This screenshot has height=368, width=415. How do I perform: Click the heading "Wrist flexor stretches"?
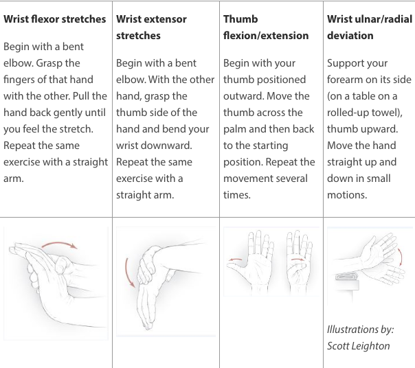pos(55,19)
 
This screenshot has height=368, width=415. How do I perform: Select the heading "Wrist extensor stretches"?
pos(151,27)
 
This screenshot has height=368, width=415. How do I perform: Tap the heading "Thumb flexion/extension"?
pos(266,27)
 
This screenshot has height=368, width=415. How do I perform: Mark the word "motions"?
pos(349,195)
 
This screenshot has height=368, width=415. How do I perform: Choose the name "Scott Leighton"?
pos(358,345)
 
